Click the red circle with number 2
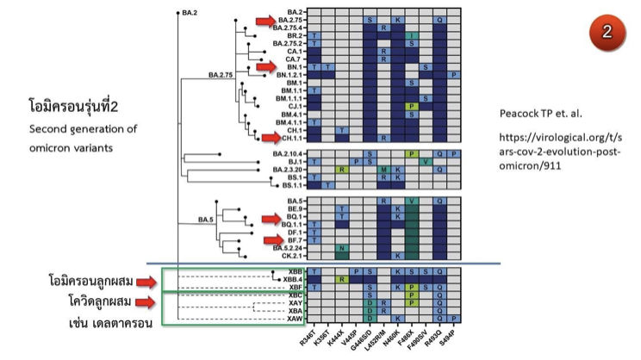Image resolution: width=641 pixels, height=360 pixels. (x=607, y=32)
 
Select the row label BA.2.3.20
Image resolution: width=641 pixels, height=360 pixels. (x=285, y=170)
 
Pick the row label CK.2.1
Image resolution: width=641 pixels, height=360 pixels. (x=290, y=256)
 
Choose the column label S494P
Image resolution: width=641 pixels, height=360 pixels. (x=454, y=340)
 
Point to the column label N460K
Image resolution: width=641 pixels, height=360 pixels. (x=398, y=340)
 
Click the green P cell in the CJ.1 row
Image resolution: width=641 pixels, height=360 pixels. (x=412, y=106)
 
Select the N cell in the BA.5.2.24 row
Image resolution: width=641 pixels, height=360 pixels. (x=342, y=248)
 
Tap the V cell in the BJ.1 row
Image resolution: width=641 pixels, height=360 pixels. (x=426, y=161)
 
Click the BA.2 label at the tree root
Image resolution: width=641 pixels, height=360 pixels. (x=190, y=13)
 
